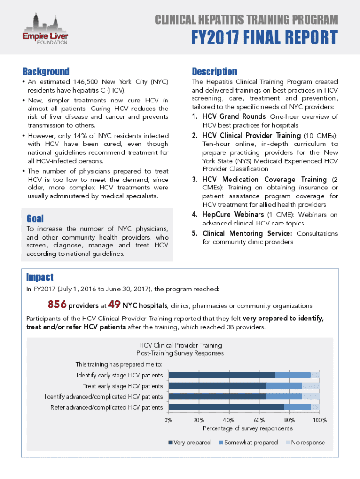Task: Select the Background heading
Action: pyautogui.click(x=46, y=72)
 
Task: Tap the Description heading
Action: pyautogui.click(x=214, y=72)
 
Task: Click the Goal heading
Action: pyautogui.click(x=35, y=218)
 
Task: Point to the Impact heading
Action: pyautogui.click(x=40, y=277)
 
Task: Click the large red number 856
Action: pyautogui.click(x=57, y=305)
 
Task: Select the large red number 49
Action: pyautogui.click(x=115, y=305)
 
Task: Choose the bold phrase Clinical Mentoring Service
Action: pyautogui.click(x=248, y=233)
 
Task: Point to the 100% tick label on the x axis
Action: pyautogui.click(x=320, y=420)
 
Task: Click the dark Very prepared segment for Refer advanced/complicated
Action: pyautogui.click(x=226, y=407)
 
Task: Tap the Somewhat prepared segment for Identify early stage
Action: pyautogui.click(x=293, y=375)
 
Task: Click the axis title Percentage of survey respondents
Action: pyautogui.click(x=247, y=428)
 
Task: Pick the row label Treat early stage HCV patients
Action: pyautogui.click(x=123, y=386)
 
